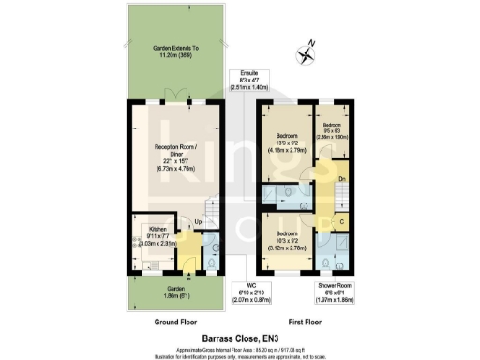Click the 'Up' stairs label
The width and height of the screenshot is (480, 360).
(198, 221)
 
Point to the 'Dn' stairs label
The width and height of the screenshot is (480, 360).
(343, 178)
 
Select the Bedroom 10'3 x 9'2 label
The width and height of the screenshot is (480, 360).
(287, 233)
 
